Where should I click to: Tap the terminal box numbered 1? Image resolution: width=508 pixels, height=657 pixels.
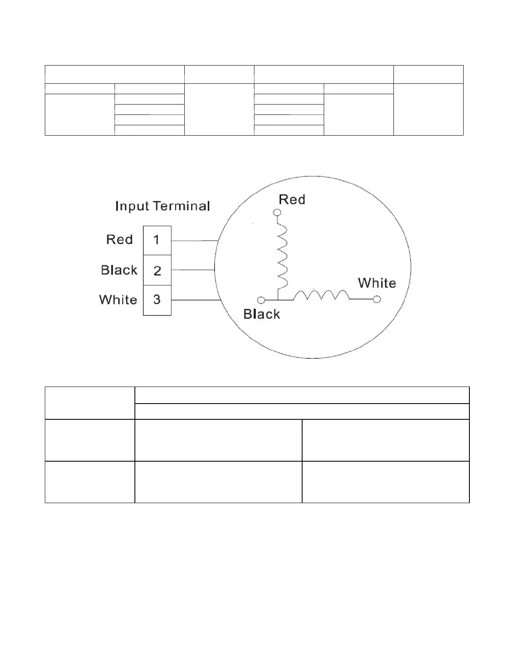pos(157,240)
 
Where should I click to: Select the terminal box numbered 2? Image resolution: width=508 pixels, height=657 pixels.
pos(157,270)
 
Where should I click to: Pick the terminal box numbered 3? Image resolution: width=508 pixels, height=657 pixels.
pos(157,300)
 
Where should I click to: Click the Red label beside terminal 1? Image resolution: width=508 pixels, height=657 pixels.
pos(120,240)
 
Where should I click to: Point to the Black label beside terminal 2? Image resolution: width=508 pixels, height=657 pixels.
pos(119,270)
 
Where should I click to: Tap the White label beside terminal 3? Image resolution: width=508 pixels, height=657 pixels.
pos(118,300)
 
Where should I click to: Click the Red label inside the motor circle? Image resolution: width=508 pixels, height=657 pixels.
pos(292,200)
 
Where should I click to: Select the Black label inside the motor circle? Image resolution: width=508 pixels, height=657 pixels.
pos(261,314)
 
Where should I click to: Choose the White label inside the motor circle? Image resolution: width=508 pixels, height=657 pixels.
pos(377,283)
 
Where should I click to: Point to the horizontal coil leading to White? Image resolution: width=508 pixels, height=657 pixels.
pos(321,295)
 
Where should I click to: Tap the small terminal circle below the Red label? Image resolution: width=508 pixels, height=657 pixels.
pos(277,212)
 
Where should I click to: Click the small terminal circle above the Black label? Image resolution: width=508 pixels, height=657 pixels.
pos(261,300)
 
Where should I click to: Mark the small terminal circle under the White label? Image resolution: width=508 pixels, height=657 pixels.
pos(377,299)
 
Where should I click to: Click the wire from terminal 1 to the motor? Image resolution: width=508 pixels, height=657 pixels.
pos(195,241)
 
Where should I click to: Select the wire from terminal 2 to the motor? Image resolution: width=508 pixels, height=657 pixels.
pos(193,270)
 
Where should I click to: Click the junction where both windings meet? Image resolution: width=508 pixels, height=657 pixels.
pos(278,299)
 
